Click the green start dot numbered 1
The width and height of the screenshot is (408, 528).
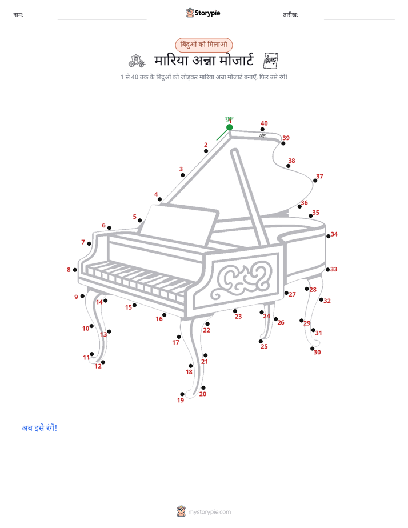[230, 127]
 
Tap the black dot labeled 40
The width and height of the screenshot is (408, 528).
[262, 129]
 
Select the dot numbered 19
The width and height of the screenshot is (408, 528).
[182, 394]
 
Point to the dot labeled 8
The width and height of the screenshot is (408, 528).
[75, 270]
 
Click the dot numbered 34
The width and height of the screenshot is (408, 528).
[329, 237]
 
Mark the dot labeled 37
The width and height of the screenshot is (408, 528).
[315, 181]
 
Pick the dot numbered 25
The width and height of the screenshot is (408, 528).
[261, 342]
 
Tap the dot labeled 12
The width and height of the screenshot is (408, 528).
[103, 362]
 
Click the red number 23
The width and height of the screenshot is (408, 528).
[238, 317]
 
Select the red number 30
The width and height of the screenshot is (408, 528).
[317, 352]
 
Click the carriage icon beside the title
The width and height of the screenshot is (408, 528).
[137, 61]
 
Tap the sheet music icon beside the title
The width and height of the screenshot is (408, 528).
[271, 61]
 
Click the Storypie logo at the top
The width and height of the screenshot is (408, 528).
[203, 13]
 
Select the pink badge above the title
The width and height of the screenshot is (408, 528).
[203, 45]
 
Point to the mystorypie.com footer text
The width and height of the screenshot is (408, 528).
[209, 512]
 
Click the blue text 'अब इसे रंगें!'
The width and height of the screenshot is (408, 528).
[39, 427]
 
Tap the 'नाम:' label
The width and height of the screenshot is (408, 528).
[18, 15]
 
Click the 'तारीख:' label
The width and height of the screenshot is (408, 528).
[290, 15]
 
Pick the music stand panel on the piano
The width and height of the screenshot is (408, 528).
[179, 225]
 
